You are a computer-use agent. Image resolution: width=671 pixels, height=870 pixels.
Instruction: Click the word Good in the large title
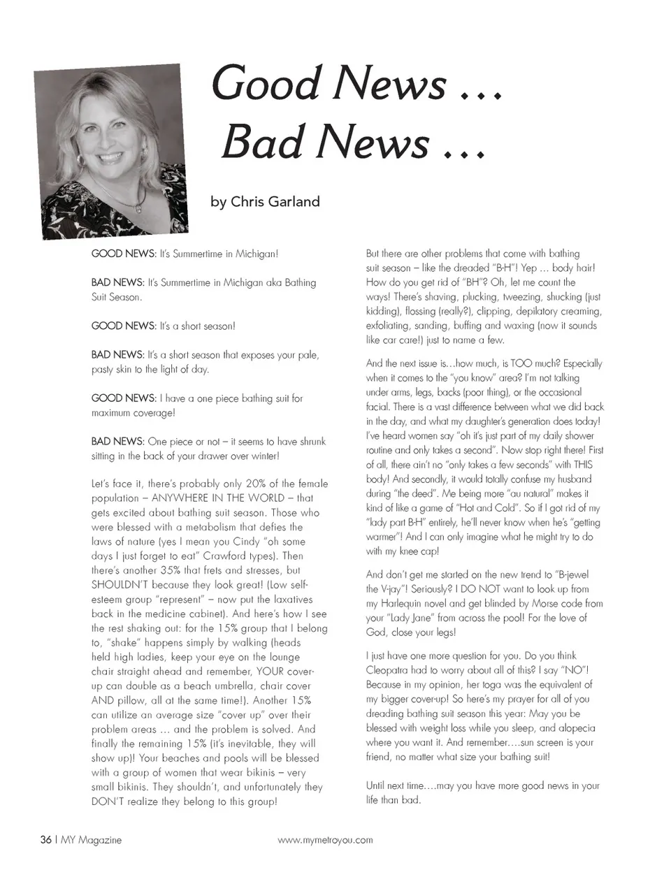point(266,84)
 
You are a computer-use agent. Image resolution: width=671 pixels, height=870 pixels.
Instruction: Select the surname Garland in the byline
point(292,202)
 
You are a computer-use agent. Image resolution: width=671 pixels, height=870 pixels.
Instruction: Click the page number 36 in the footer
point(45,840)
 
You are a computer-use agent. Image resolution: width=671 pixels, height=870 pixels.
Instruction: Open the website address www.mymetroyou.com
point(325,840)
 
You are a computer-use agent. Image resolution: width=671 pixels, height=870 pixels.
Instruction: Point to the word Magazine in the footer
point(100,840)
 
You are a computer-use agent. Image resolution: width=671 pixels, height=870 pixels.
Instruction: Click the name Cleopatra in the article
point(390,670)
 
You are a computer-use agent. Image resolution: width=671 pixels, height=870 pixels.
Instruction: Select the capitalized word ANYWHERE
point(180,498)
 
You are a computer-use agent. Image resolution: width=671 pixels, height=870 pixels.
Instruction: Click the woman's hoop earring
point(81,160)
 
